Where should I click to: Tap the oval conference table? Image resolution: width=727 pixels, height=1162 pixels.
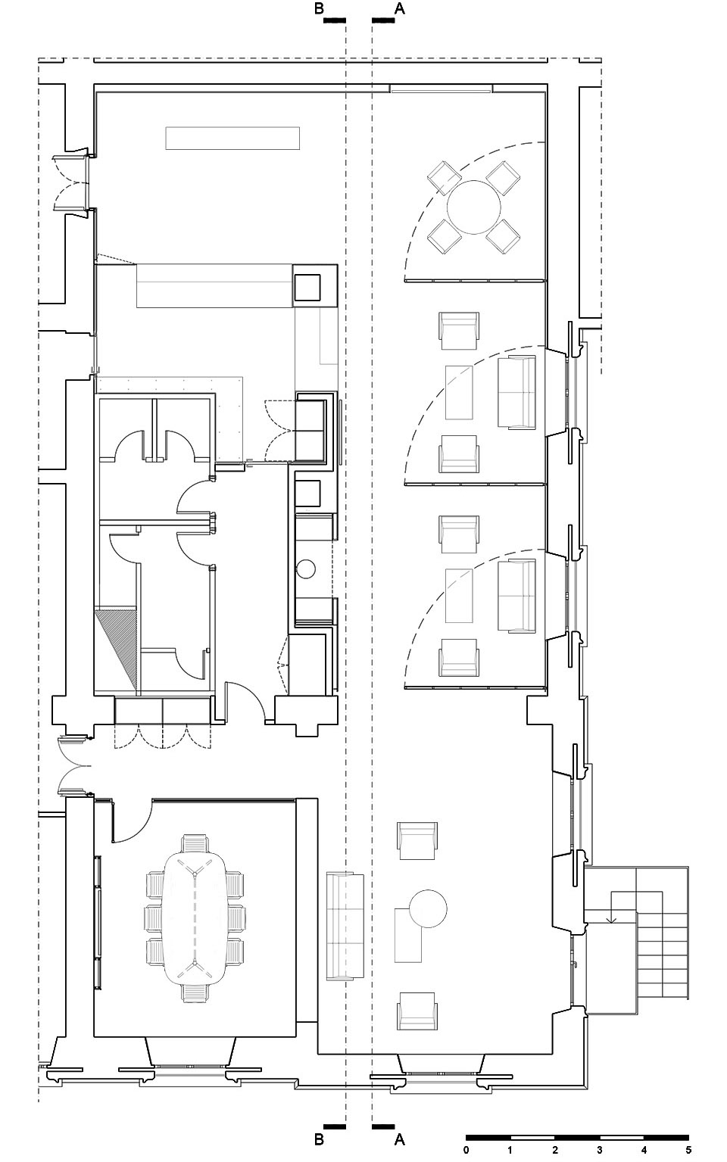[195, 917]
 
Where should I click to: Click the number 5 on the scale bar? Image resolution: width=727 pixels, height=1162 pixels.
[688, 1151]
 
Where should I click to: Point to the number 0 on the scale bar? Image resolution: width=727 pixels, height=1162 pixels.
[466, 1151]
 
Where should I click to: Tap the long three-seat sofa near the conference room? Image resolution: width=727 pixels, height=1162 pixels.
[345, 927]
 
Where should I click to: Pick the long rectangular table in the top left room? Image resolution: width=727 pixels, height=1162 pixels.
[233, 139]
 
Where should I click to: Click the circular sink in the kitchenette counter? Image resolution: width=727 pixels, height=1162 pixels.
[306, 568]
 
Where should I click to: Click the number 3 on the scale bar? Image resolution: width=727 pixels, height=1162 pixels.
[599, 1151]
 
